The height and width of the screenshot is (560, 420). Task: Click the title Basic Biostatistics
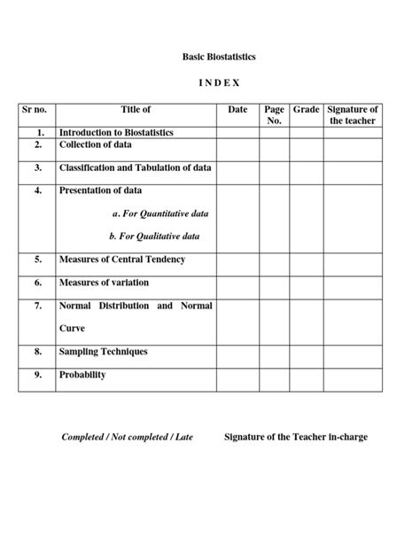pyautogui.click(x=219, y=57)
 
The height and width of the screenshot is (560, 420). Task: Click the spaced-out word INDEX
pyautogui.click(x=218, y=82)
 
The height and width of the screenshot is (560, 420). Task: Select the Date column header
pyautogui.click(x=237, y=110)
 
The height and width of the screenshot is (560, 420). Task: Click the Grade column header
pyautogui.click(x=306, y=110)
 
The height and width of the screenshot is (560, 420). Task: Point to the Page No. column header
pyautogui.click(x=274, y=115)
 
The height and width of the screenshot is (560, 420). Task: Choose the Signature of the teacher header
pyautogui.click(x=353, y=115)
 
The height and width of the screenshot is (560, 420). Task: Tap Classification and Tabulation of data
pyautogui.click(x=136, y=167)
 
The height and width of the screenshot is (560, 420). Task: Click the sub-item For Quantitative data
pyautogui.click(x=160, y=214)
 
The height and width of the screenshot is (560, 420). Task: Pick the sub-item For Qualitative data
pyautogui.click(x=154, y=237)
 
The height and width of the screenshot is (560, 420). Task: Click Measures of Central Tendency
pyautogui.click(x=122, y=260)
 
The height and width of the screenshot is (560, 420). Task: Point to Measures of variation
pyautogui.click(x=104, y=283)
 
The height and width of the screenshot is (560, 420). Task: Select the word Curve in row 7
pyautogui.click(x=73, y=328)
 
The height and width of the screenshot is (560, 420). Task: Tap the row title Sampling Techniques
pyautogui.click(x=103, y=352)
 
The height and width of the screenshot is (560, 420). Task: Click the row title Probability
pyautogui.click(x=82, y=375)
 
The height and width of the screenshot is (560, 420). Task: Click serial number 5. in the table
pyautogui.click(x=38, y=260)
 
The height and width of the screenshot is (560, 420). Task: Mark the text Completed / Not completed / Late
pyautogui.click(x=127, y=438)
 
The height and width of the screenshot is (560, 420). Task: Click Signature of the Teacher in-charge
pyautogui.click(x=296, y=437)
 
